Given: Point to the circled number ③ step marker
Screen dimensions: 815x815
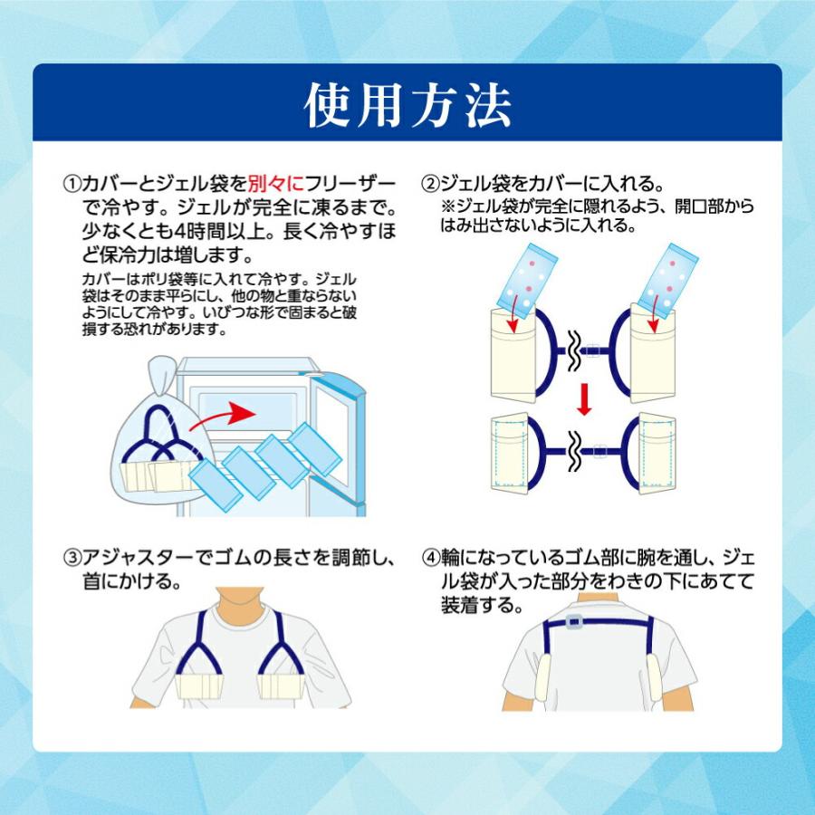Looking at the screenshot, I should click(72, 558).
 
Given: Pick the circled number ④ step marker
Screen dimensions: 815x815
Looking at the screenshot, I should click(431, 558).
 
